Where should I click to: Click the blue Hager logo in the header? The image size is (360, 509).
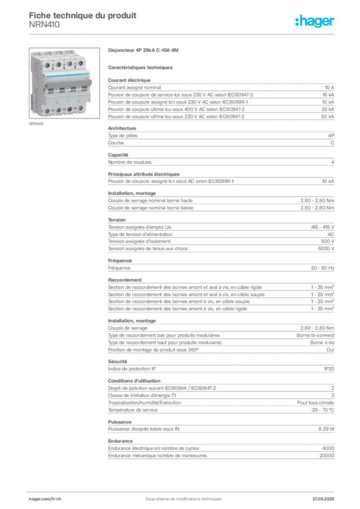[315, 22]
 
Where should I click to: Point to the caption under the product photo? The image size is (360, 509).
[38, 124]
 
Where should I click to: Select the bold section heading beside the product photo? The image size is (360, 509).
[143, 51]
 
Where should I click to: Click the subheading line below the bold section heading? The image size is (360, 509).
[141, 67]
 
